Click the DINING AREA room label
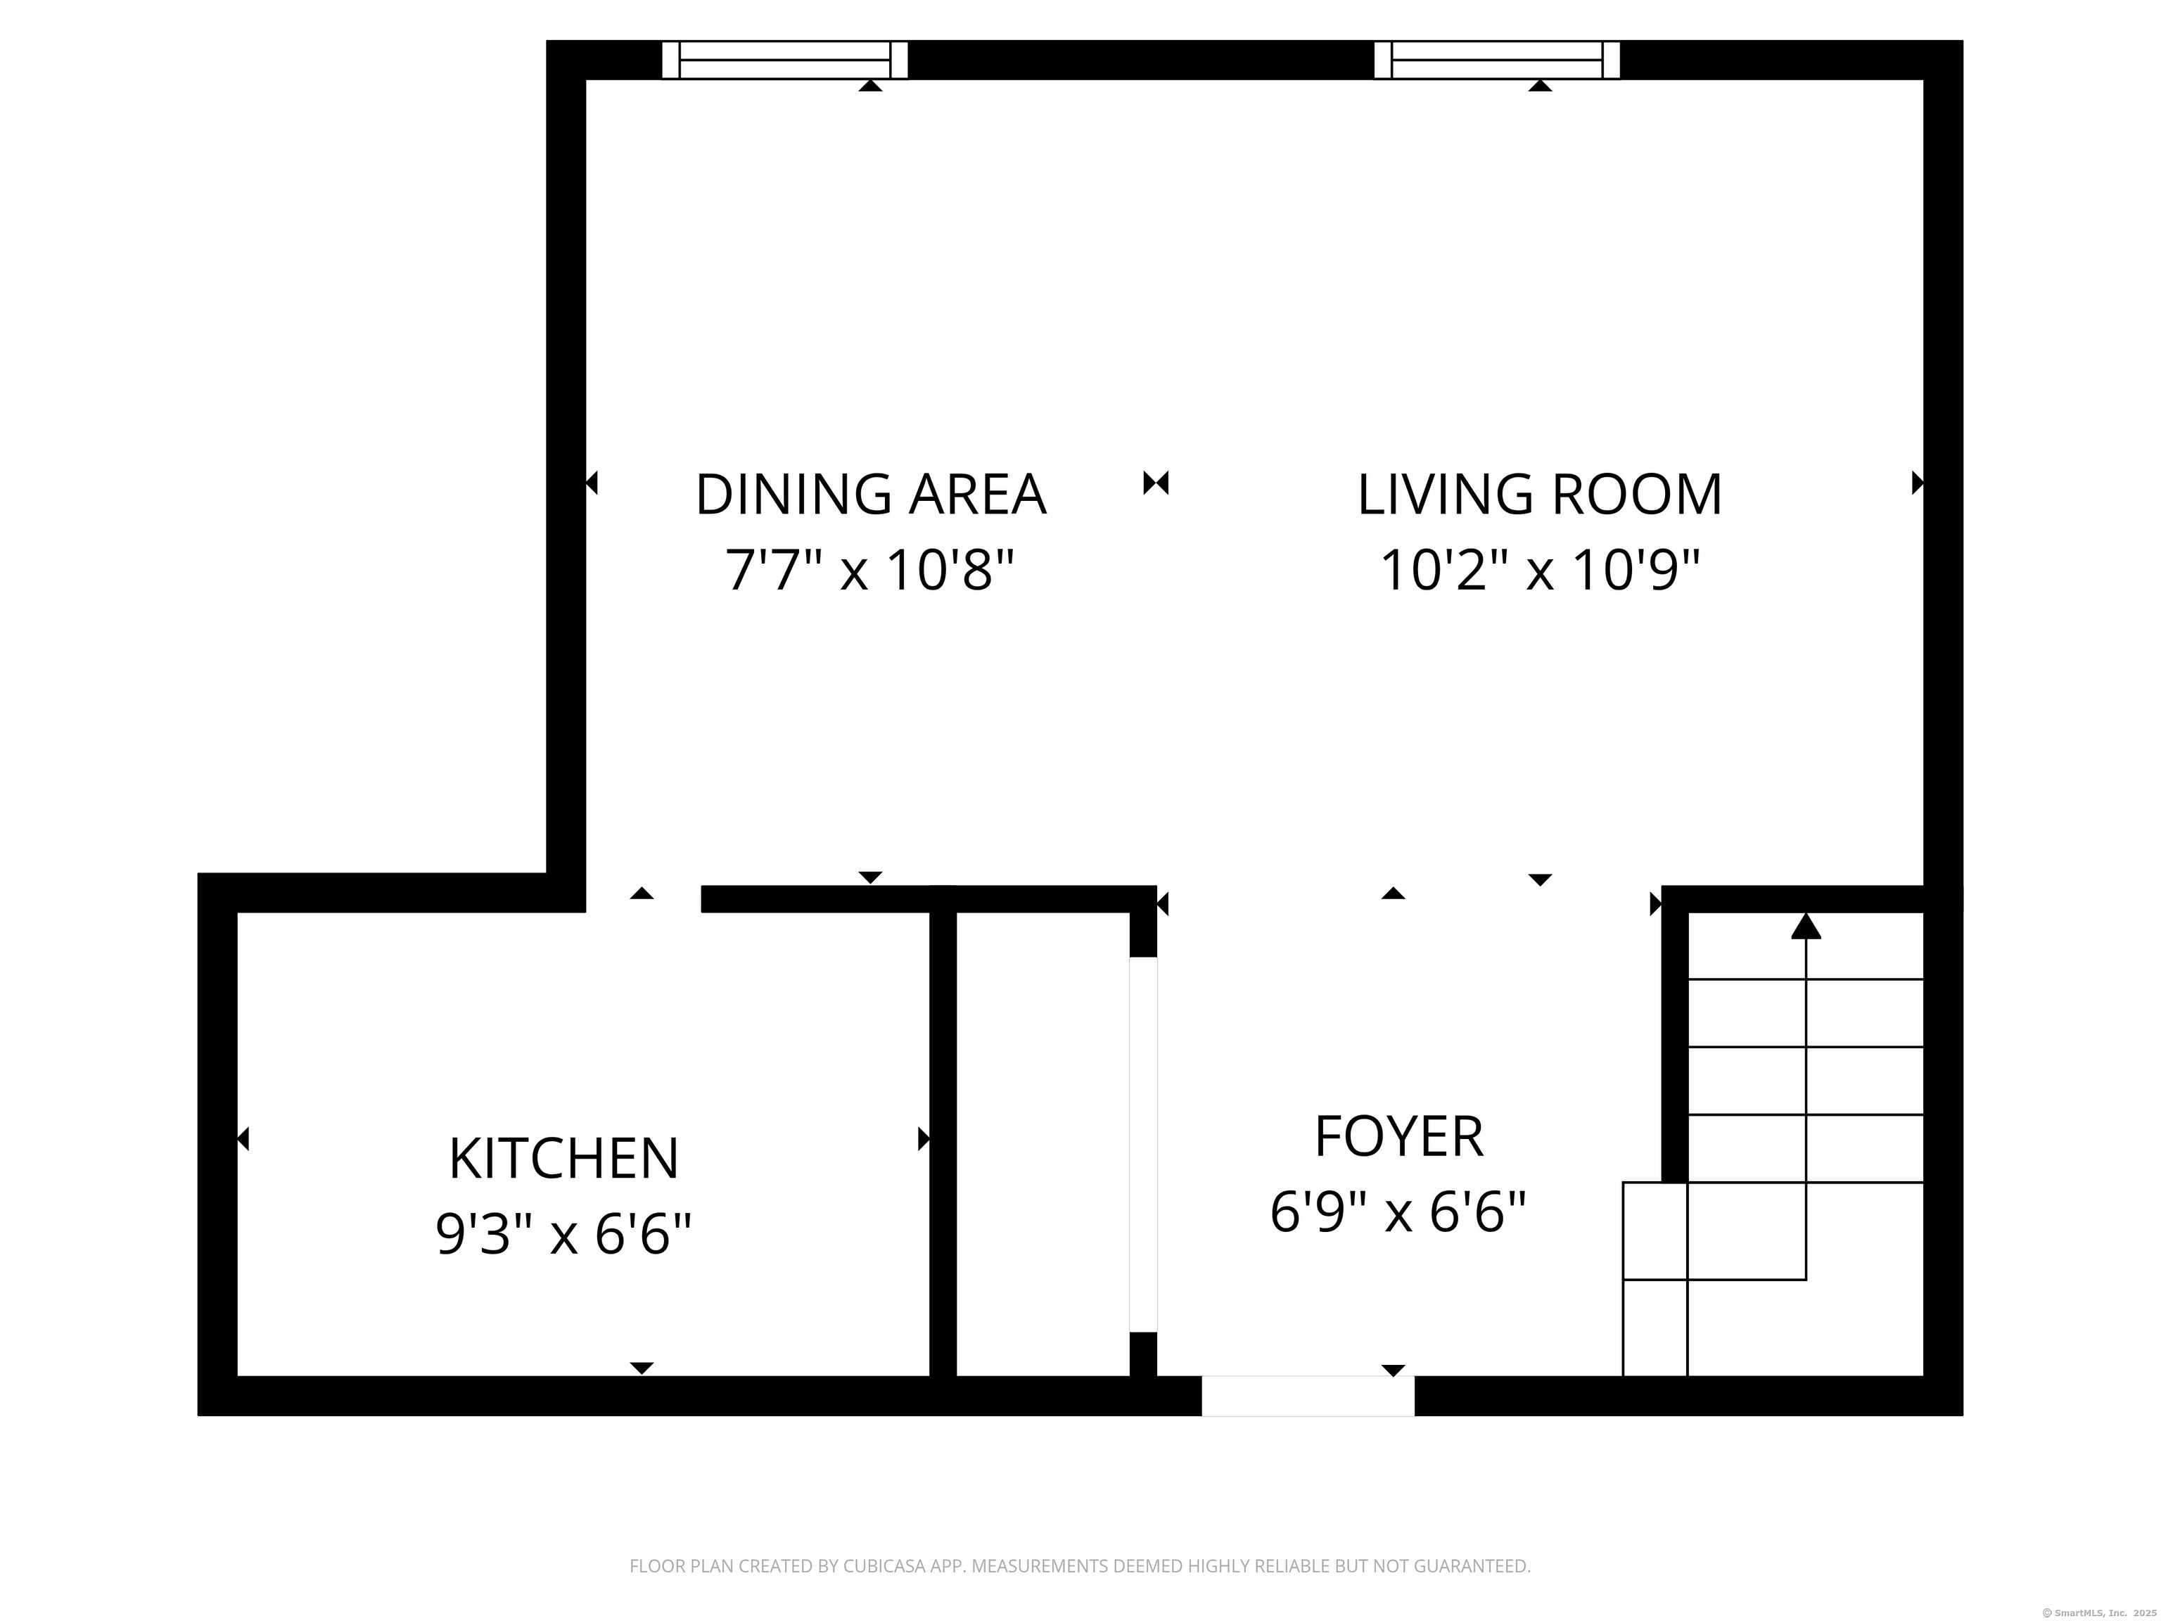point(870,495)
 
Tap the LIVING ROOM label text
point(1540,495)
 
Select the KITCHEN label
point(563,1159)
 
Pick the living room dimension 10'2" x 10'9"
point(1540,570)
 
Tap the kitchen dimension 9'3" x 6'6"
point(563,1234)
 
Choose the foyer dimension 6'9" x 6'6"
point(1399,1212)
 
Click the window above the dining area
point(784,60)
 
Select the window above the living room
point(1497,60)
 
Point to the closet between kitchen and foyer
point(1043,1144)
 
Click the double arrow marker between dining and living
point(1156,483)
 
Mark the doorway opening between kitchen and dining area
point(643,899)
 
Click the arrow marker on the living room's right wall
point(1918,483)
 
